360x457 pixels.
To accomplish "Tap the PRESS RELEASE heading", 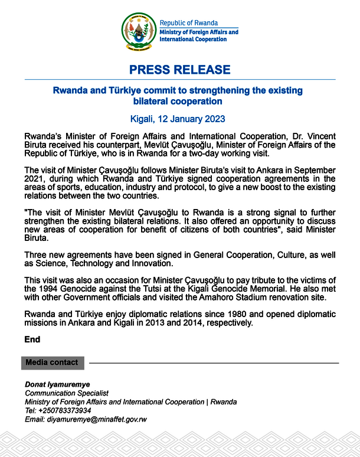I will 180,70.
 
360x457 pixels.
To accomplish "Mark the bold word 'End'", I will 32,340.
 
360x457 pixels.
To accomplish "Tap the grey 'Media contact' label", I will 52,362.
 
